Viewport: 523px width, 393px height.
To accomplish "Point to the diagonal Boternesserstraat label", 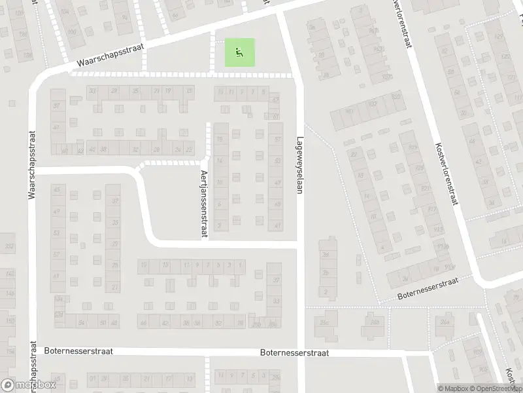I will tap(428, 288).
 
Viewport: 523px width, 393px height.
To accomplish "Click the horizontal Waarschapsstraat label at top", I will tap(112, 54).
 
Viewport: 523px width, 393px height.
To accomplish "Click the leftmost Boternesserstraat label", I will tap(78, 351).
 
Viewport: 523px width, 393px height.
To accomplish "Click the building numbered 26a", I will tap(447, 322).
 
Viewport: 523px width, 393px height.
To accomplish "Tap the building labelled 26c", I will tap(322, 322).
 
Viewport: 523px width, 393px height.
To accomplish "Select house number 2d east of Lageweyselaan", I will tap(325, 255).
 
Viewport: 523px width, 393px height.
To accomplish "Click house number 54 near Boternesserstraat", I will tap(82, 323).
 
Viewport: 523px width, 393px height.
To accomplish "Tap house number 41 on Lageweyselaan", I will tap(278, 225).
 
